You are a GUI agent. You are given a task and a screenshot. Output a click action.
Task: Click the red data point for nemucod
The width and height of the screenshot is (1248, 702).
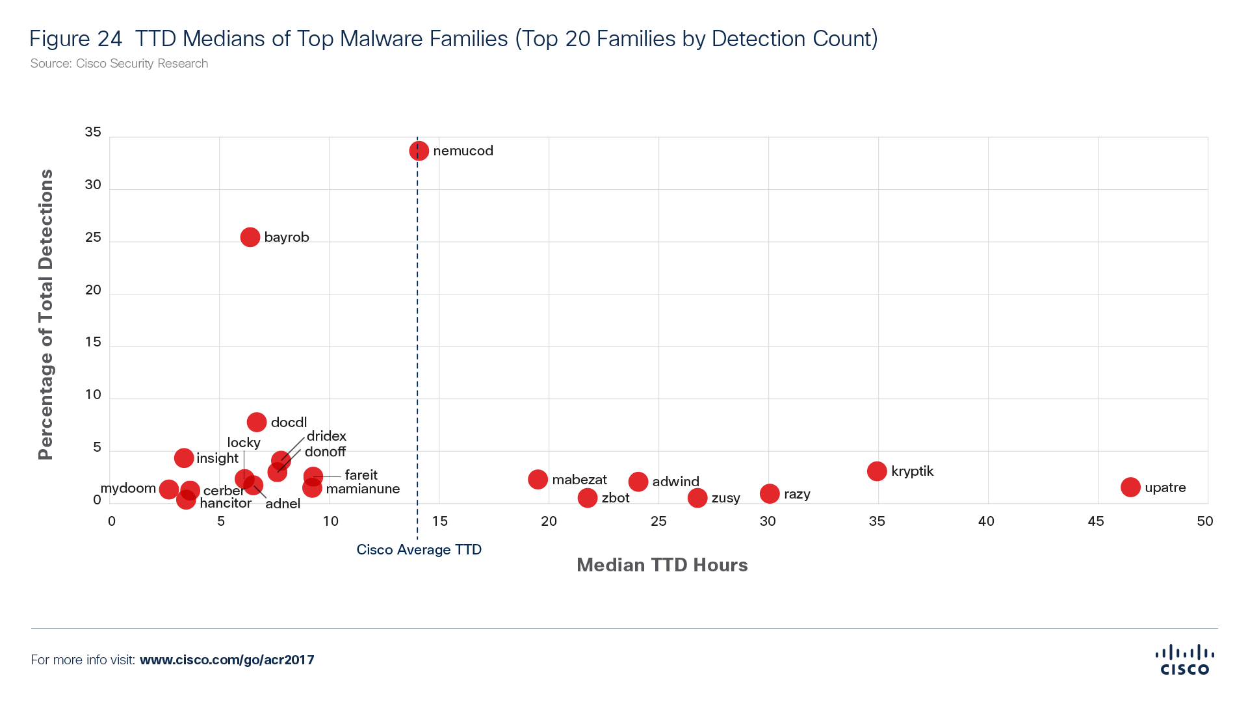[x=419, y=151]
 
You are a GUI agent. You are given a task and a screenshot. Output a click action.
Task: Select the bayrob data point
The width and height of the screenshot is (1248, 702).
[x=250, y=237]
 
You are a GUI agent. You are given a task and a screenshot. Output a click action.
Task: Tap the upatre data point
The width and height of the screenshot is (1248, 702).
[x=1130, y=487]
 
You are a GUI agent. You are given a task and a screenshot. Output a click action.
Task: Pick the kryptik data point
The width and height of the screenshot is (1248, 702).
[x=877, y=471]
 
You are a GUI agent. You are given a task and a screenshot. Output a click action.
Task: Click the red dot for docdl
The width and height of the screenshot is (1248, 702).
[x=257, y=422]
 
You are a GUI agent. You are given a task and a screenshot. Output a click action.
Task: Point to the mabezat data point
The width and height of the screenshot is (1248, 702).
[x=538, y=480]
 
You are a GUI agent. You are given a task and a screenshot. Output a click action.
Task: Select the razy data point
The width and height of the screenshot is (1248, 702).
[x=770, y=494]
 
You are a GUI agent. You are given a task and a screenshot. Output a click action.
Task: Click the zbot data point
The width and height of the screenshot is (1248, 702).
[x=588, y=498]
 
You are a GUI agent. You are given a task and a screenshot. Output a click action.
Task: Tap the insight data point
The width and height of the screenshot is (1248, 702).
[x=184, y=458]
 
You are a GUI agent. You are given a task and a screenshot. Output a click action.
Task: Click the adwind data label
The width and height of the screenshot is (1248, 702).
[x=676, y=482]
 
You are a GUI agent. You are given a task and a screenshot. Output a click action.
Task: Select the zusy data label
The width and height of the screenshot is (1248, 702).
[x=725, y=498]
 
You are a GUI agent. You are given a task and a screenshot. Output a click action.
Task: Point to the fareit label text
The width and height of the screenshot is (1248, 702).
[x=361, y=475]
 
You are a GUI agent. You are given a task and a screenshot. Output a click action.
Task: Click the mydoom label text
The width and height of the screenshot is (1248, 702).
[x=128, y=488]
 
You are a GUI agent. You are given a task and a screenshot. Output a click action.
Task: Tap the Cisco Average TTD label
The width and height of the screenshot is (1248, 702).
[x=419, y=550]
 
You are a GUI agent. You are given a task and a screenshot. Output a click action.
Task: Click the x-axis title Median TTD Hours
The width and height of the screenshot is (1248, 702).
[x=662, y=565]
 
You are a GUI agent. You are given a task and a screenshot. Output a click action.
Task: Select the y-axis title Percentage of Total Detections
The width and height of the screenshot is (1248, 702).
[x=45, y=315]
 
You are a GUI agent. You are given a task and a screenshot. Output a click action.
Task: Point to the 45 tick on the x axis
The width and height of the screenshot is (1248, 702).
[x=1095, y=521]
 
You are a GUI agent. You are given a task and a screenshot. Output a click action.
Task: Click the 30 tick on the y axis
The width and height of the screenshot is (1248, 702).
[x=93, y=185]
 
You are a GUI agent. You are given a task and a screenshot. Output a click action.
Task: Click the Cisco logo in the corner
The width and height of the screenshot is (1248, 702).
[x=1184, y=660]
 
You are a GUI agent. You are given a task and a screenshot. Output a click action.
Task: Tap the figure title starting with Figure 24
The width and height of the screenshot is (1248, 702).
[x=453, y=39]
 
